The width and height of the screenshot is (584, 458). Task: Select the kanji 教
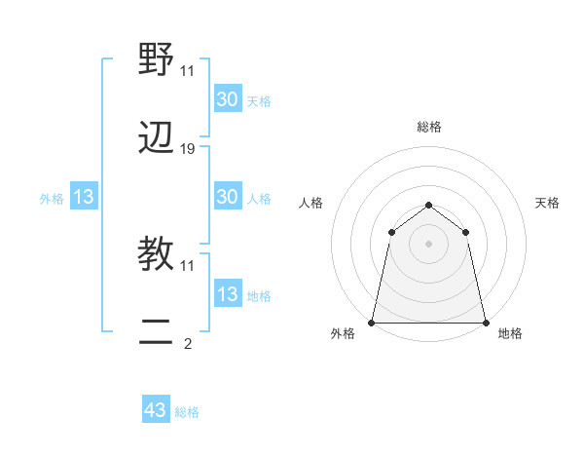pyautogui.click(x=157, y=254)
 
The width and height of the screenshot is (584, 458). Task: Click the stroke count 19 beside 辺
pyautogui.click(x=188, y=149)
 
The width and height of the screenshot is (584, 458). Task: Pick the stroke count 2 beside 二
pyautogui.click(x=188, y=343)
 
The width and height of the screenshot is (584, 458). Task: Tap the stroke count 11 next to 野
pyautogui.click(x=188, y=71)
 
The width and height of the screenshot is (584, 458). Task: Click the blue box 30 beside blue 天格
pyautogui.click(x=227, y=99)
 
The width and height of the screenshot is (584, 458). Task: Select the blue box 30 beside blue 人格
pyautogui.click(x=227, y=197)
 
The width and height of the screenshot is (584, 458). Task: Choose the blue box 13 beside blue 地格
pyautogui.click(x=227, y=294)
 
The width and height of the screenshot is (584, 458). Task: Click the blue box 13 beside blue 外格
pyautogui.click(x=83, y=197)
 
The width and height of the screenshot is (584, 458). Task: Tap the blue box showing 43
pyautogui.click(x=156, y=410)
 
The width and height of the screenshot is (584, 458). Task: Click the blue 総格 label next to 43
pyautogui.click(x=187, y=412)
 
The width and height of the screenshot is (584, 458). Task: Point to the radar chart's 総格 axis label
pyautogui.click(x=428, y=127)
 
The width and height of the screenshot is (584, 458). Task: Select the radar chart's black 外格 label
pyautogui.click(x=343, y=334)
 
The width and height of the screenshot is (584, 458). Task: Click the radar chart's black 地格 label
pyautogui.click(x=510, y=334)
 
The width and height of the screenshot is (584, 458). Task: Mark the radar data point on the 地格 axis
pyautogui.click(x=485, y=322)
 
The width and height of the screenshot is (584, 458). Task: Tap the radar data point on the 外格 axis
pyautogui.click(x=372, y=322)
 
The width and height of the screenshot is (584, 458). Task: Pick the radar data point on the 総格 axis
pyautogui.click(x=428, y=205)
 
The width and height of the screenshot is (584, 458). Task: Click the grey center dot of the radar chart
pyautogui.click(x=428, y=244)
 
